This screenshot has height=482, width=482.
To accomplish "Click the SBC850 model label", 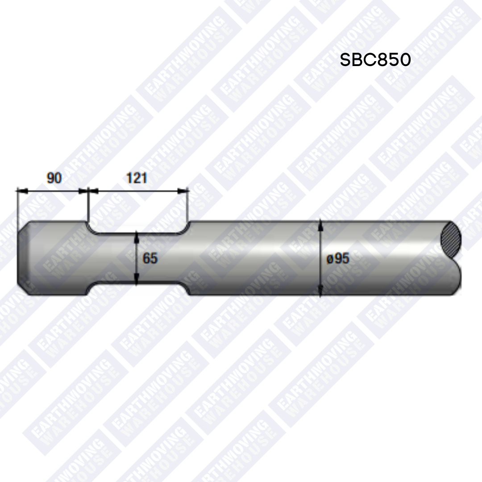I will pos(375,60).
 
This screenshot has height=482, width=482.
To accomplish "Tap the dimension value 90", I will pos(54,178).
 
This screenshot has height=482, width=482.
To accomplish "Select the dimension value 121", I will pos(137,178).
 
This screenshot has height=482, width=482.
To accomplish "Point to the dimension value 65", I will pos(150,258).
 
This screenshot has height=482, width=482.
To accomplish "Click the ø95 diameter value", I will pos(338,258).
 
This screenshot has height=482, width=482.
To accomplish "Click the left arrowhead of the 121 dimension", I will pos(92,191).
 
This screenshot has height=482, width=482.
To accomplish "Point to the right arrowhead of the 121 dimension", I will pos(183,191).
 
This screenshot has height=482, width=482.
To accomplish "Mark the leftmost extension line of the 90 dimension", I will pos(17,208).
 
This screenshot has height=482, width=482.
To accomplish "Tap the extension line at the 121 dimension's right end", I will pos(188,205).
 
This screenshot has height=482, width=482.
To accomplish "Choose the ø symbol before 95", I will pos(329,259).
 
